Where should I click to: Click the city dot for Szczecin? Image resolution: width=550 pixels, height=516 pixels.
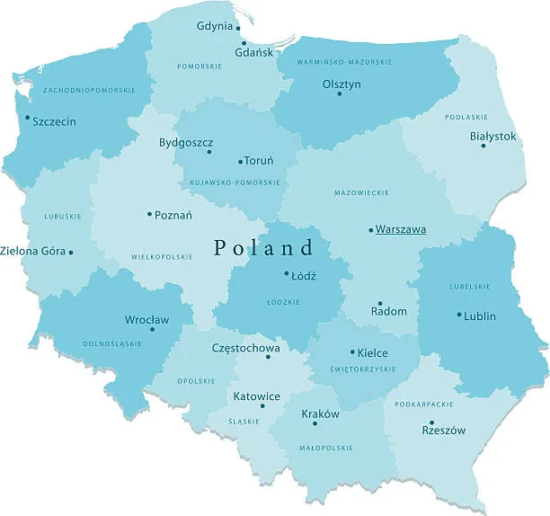click(27, 117)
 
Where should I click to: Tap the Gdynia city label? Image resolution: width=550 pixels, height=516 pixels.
click(215, 26)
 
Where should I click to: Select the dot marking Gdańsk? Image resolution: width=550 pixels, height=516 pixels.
click(243, 42)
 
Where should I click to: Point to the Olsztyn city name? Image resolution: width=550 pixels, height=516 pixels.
click(342, 84)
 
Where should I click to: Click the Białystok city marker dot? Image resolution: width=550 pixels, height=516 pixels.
click(483, 146)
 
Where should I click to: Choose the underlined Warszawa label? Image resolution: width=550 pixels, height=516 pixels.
click(401, 229)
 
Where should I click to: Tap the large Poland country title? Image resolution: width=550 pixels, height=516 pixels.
click(265, 247)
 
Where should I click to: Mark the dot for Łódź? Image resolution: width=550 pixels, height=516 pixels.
click(287, 273)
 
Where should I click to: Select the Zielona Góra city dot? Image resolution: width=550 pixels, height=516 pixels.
click(71, 252)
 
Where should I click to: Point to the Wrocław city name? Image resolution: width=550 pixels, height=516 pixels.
click(146, 319)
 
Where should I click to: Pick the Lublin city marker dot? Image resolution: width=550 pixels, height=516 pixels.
click(459, 315)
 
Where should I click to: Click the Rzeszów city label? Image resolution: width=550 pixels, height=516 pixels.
click(444, 430)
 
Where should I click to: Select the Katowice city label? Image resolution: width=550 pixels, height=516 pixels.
click(257, 396)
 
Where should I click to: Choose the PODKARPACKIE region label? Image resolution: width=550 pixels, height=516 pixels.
click(423, 405)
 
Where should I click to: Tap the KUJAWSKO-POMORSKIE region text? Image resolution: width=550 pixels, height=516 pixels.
click(235, 182)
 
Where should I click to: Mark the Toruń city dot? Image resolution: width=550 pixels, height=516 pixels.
click(240, 162)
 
